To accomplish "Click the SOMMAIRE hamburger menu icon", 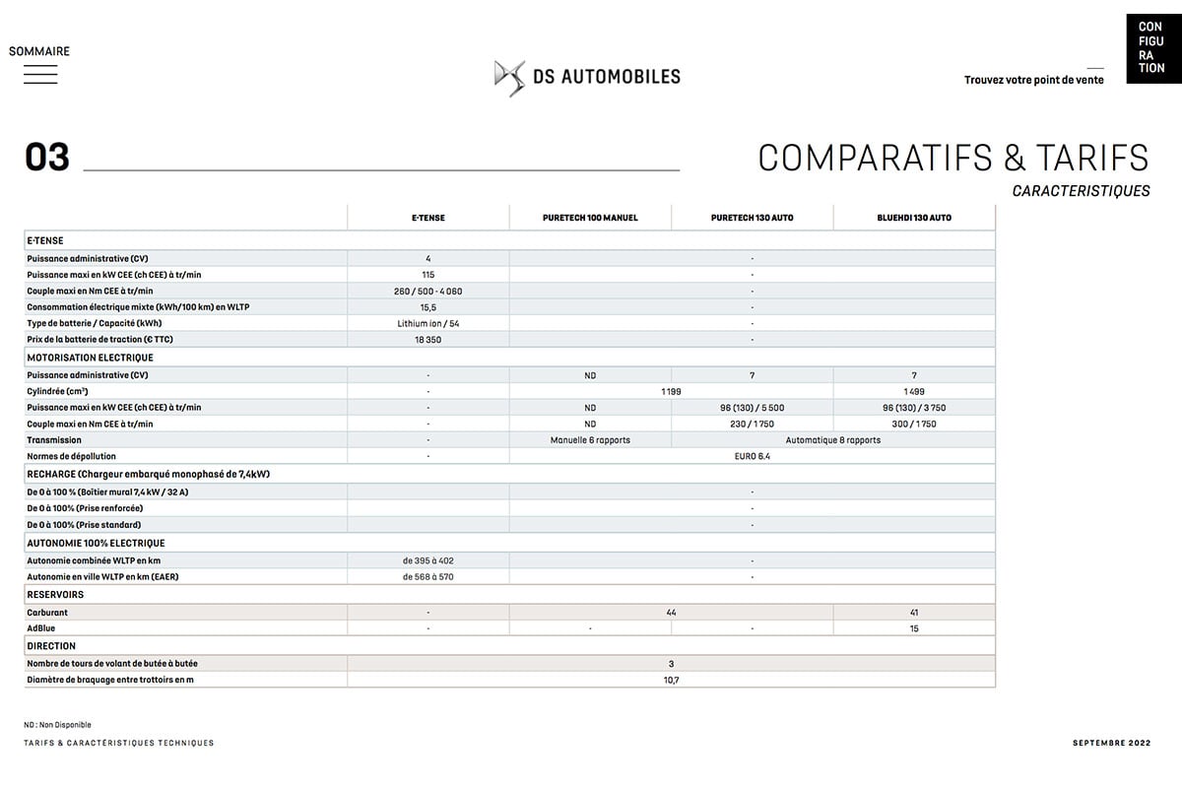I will pos(40,74).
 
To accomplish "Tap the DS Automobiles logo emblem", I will pos(509,77).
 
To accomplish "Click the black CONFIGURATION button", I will pos(1150,47).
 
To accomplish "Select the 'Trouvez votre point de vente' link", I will pos(1033,80).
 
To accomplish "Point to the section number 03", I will pos(47,158).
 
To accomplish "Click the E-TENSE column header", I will pos(427,218).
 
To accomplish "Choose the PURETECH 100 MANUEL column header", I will pos(590,218).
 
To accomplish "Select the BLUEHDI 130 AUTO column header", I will pos(914,218).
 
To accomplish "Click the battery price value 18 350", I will pos(427,340).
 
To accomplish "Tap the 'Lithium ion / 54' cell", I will pos(427,323).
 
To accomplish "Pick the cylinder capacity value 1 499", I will pos(914,391).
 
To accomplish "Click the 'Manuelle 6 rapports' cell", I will pos(590,440).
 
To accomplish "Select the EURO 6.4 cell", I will pos(752,457).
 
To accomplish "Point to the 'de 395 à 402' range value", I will pos(427,560).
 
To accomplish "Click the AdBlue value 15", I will pos(914,628).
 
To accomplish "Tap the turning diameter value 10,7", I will pos(671,680).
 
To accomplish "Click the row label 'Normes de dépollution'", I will pos(72,457).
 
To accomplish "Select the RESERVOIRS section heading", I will pos(55,595).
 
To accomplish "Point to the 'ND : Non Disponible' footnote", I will pos(57,725).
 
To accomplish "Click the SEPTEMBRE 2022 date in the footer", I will pos(1111,743).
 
